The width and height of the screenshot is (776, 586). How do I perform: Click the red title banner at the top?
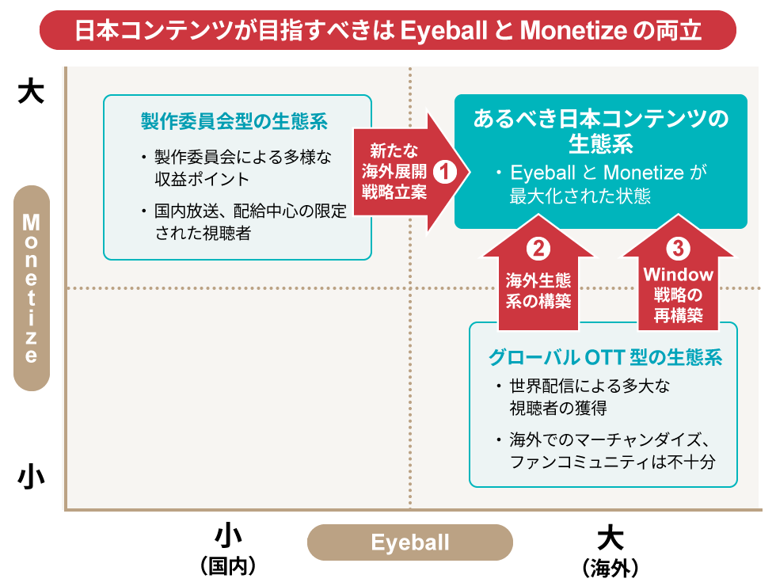pyautogui.click(x=387, y=30)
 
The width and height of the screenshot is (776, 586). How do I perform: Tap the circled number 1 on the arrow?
pyautogui.click(x=444, y=171)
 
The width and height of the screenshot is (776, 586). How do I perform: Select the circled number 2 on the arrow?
pyautogui.click(x=538, y=249)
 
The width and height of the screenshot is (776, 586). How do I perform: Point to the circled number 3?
pyautogui.click(x=678, y=248)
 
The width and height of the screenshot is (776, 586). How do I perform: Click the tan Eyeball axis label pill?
pyautogui.click(x=410, y=542)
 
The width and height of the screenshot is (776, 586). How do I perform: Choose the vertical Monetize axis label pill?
pyautogui.click(x=31, y=288)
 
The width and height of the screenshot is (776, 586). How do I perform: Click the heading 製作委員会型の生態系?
pyautogui.click(x=234, y=121)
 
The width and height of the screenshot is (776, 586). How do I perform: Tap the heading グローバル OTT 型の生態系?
pyautogui.click(x=605, y=357)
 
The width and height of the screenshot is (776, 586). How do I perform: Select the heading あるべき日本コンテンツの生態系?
pyautogui.click(x=601, y=131)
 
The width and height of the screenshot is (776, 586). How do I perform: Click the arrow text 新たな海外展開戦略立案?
pyautogui.click(x=394, y=171)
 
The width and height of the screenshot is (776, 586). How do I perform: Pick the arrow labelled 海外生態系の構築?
pyautogui.click(x=538, y=272)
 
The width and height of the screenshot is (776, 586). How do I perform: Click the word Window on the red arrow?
pyautogui.click(x=678, y=274)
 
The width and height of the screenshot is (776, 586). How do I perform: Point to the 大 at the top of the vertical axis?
pyautogui.click(x=31, y=92)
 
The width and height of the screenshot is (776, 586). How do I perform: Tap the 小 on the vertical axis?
pyautogui.click(x=31, y=477)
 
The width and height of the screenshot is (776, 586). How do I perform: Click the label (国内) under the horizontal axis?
pyautogui.click(x=228, y=565)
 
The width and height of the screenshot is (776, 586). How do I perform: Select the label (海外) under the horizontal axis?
pyautogui.click(x=611, y=569)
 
